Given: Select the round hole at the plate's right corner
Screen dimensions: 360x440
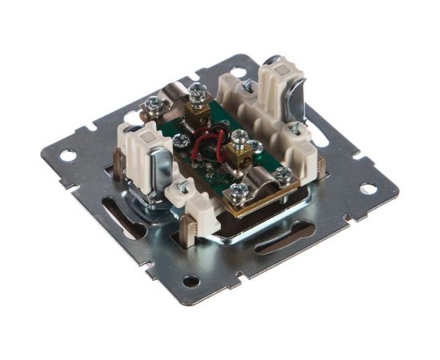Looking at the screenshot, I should (x=368, y=189).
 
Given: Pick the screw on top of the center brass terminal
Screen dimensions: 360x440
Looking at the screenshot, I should (x=238, y=138).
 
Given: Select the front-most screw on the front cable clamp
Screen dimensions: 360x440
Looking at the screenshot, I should (x=238, y=191).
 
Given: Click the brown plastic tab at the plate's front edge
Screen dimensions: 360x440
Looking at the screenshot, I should (x=196, y=225).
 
